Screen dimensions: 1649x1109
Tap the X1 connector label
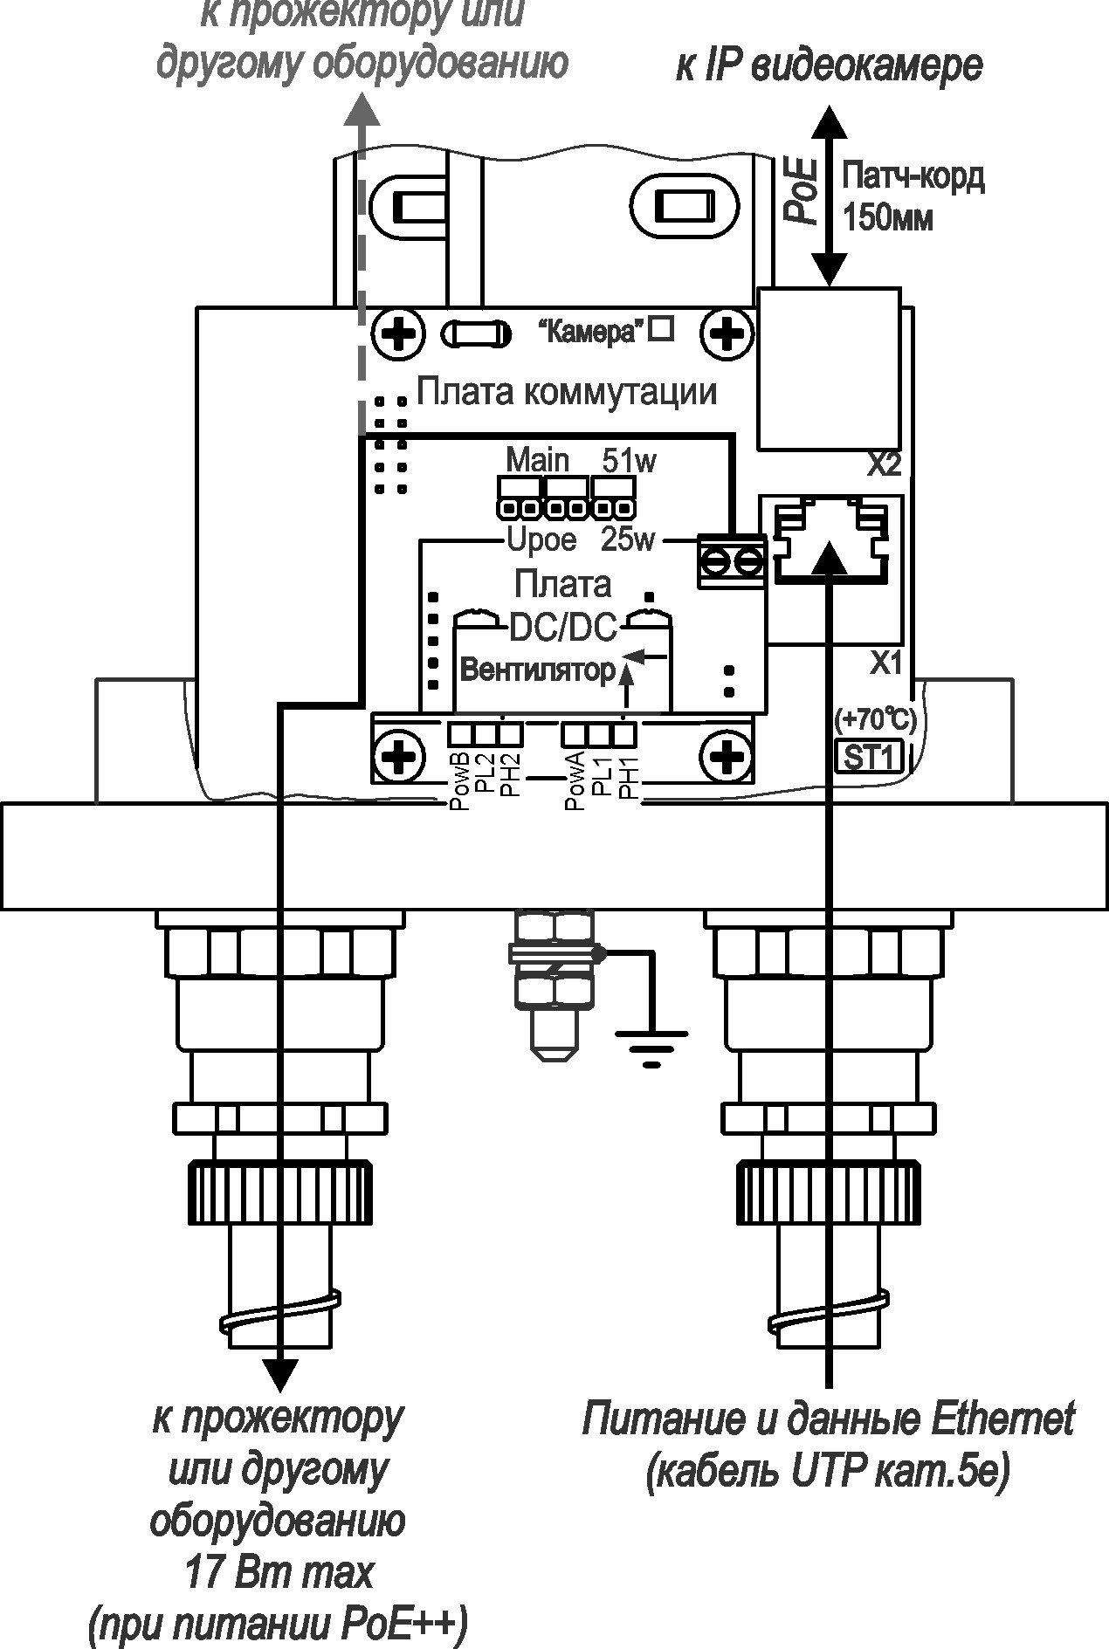(885, 664)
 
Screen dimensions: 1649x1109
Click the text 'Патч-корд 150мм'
(912, 196)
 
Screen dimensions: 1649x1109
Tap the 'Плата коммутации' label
(567, 392)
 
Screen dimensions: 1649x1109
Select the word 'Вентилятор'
(537, 670)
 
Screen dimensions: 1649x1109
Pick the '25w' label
(627, 540)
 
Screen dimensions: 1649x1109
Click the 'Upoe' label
(541, 540)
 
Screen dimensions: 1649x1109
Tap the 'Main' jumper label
(537, 460)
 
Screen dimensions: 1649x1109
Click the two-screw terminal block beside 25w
(731, 560)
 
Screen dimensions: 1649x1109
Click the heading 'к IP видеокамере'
(829, 66)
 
